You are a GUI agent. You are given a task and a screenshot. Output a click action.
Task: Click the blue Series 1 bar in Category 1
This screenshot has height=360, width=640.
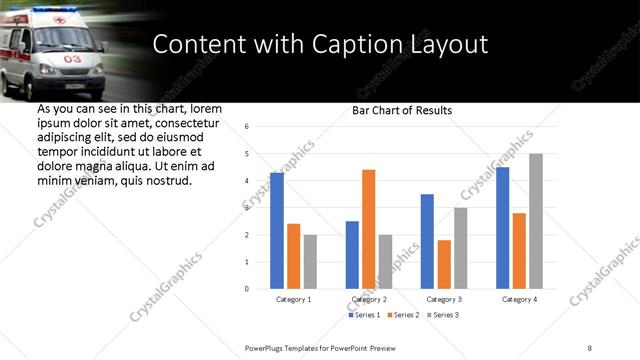point(277,231)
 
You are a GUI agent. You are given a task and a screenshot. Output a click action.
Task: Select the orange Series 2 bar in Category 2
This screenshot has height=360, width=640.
point(368,229)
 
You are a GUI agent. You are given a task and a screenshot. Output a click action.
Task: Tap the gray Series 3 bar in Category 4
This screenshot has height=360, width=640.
point(536,221)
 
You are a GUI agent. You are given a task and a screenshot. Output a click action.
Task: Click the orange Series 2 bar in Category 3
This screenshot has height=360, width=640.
point(444,264)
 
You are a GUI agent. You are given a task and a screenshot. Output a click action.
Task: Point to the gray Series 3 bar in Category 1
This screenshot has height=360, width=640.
point(310,262)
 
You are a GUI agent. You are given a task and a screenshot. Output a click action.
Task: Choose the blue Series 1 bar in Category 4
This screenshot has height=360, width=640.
point(502,228)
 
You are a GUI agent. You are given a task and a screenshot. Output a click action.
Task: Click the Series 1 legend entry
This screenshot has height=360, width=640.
point(365,315)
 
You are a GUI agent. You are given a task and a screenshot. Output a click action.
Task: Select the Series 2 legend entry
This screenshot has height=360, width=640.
point(401,315)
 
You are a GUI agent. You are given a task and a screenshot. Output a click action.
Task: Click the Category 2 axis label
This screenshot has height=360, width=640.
point(369,299)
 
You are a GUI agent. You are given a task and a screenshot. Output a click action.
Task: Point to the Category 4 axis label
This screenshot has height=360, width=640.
point(519,299)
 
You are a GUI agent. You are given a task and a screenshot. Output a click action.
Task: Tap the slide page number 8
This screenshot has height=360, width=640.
point(590,347)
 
